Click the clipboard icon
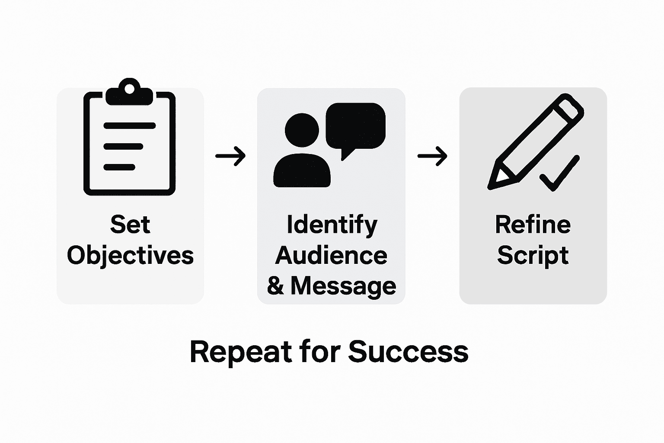tap(129, 143)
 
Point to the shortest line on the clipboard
tap(119, 167)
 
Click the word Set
tap(130, 225)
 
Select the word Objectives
tap(130, 255)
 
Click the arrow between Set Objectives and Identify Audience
tap(230, 155)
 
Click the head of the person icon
tap(302, 130)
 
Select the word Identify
tap(332, 225)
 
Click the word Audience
tap(331, 255)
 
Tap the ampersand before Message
tap(275, 286)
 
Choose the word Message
tap(343, 286)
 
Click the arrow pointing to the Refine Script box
tap(432, 156)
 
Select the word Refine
tap(533, 225)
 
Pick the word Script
tap(533, 255)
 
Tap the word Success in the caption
tap(408, 352)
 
